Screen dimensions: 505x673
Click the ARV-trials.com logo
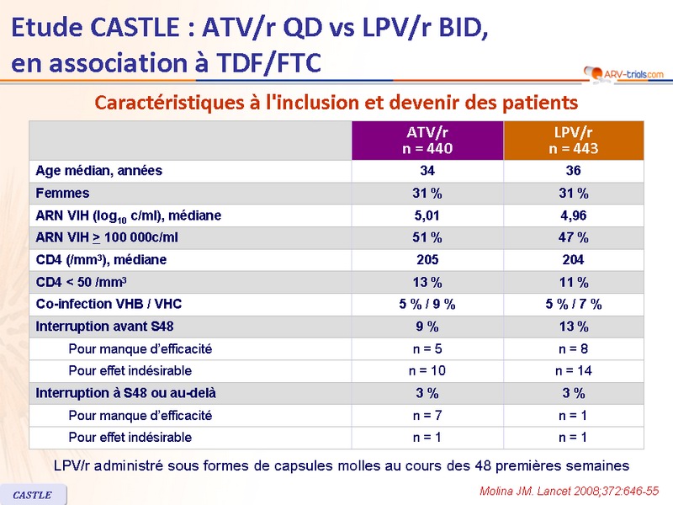622,74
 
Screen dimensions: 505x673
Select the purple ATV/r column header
428,141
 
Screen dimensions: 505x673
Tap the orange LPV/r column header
573,141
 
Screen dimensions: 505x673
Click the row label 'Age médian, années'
98,171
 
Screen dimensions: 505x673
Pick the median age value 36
573,171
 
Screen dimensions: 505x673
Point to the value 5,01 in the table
428,215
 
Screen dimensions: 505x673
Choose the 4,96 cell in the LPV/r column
573,215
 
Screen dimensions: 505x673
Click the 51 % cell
428,237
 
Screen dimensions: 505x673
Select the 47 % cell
573,237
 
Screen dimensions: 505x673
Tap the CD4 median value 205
428,260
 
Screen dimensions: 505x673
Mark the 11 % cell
573,282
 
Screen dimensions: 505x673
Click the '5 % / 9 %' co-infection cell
428,304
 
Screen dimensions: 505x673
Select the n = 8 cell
573,348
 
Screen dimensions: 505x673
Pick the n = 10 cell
428,370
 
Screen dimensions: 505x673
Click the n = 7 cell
428,415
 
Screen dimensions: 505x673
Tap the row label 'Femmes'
62,193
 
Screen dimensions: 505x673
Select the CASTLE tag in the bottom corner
33,495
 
